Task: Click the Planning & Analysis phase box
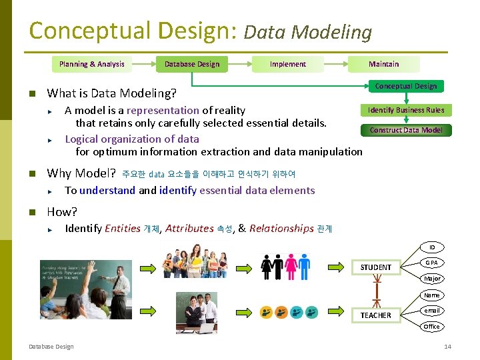coord(91,64)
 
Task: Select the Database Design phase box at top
coord(192,64)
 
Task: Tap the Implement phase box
coord(288,64)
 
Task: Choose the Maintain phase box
coord(384,64)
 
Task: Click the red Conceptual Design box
coord(405,86)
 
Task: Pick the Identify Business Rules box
coord(406,110)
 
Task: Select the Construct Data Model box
coord(406,130)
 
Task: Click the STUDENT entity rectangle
coord(376,267)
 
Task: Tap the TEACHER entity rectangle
coord(376,315)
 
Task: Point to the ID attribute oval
coord(432,247)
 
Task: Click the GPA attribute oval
coord(432,263)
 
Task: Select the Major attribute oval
coord(432,279)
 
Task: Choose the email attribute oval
coord(432,311)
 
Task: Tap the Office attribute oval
coord(432,327)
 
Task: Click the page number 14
coord(447,347)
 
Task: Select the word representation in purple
coord(163,111)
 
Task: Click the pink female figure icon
coord(291,267)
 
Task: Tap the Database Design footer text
coord(51,347)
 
